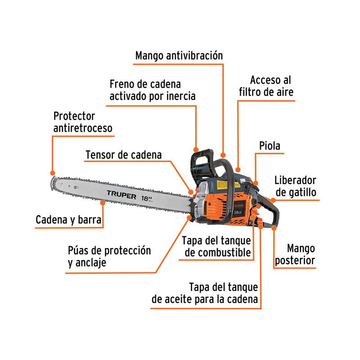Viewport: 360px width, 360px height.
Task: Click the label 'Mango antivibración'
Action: pyautogui.click(x=179, y=56)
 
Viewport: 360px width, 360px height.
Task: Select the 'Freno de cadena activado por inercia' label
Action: pyautogui.click(x=152, y=90)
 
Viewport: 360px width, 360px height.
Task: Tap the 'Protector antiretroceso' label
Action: pyautogui.click(x=83, y=122)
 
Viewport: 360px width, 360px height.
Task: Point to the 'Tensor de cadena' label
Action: pyautogui.click(x=123, y=155)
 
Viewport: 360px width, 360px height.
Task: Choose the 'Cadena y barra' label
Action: pyautogui.click(x=68, y=220)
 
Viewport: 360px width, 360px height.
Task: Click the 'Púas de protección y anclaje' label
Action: pyautogui.click(x=109, y=256)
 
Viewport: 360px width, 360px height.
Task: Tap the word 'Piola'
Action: pyautogui.click(x=270, y=146)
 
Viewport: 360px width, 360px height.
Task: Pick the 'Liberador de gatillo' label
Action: pyautogui.click(x=295, y=186)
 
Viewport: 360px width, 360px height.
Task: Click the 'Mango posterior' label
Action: pyautogui.click(x=301, y=254)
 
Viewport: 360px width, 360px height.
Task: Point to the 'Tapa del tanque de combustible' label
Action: pyautogui.click(x=216, y=246)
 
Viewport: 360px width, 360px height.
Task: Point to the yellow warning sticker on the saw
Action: pyautogui.click(x=222, y=184)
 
